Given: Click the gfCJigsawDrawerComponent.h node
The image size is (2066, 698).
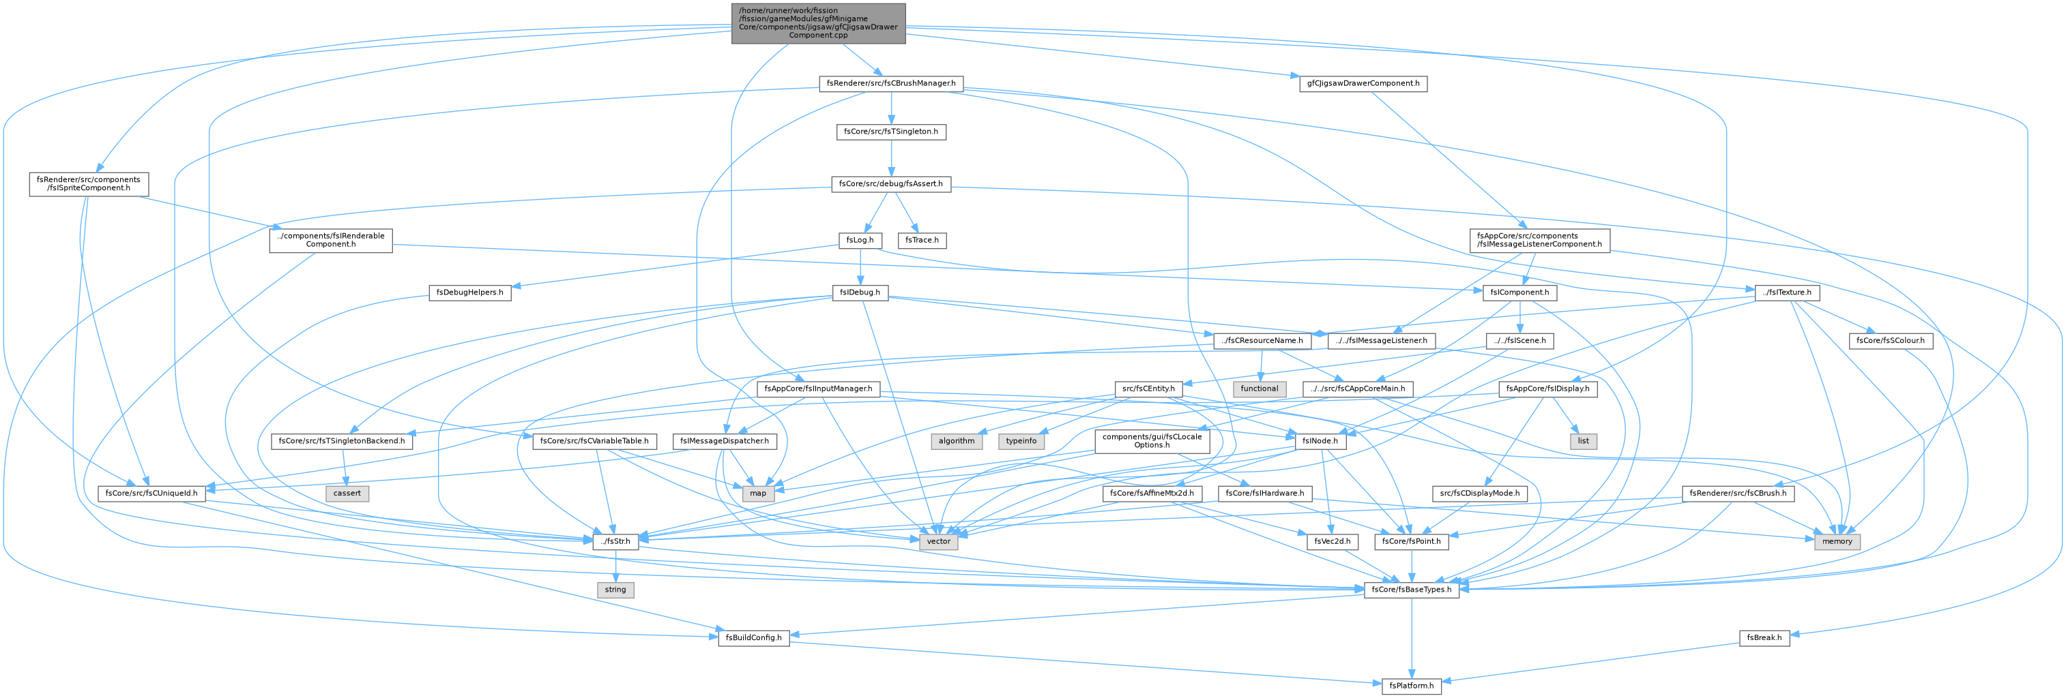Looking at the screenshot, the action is tap(1363, 83).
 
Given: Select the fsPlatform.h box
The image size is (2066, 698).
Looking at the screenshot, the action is tap(1412, 686).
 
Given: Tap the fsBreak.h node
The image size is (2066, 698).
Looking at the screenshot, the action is tap(1764, 638).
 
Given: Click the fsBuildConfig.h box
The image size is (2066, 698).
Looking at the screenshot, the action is tap(754, 638).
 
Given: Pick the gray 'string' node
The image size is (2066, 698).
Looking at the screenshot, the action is tap(615, 590).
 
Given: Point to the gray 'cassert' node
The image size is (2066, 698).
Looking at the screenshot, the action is tap(347, 493).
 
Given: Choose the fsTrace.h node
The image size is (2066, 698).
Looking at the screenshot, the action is tap(922, 240).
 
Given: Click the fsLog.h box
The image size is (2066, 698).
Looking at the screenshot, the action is tap(860, 240).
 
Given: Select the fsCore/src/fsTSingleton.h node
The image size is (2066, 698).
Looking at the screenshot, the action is tap(891, 132).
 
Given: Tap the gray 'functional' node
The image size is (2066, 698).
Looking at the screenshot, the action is tap(1259, 389).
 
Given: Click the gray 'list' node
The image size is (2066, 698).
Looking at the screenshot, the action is tap(1583, 441).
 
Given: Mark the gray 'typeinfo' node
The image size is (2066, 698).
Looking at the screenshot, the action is tap(1021, 441).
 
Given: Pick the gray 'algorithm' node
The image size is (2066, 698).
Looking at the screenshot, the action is tap(956, 441).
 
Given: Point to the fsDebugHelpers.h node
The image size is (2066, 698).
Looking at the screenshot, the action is tap(470, 292).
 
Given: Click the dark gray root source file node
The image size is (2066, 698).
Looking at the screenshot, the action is tap(818, 23).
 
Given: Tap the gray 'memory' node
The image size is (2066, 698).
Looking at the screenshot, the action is tap(1837, 542).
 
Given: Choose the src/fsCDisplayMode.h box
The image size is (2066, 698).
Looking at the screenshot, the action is tap(1480, 493).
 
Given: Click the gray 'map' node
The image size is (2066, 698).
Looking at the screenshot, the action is tap(757, 493).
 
